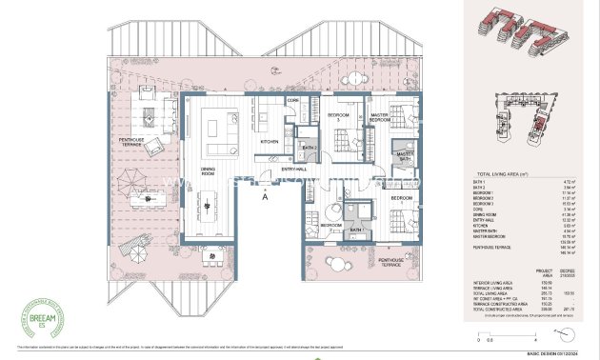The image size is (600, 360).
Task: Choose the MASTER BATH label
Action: point(405,155)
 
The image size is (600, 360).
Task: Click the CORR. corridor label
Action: point(293,100)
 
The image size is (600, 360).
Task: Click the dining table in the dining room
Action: point(208,202)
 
